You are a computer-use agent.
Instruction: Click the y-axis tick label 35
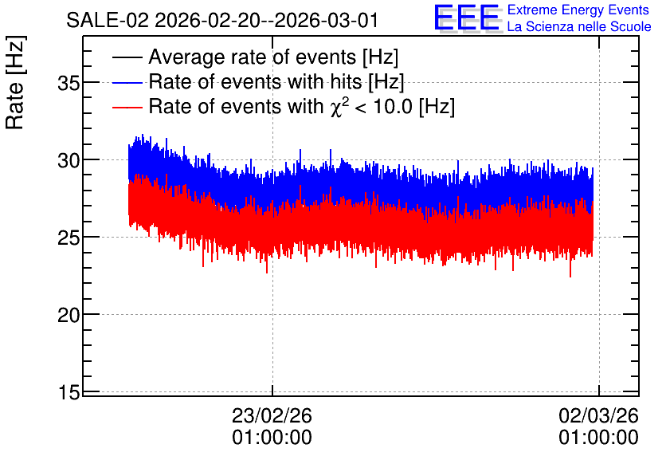coord(69,83)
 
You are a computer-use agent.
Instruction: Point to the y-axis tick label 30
coord(69,161)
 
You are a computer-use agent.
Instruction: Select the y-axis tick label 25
coord(69,238)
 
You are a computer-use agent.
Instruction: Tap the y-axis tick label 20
coord(69,316)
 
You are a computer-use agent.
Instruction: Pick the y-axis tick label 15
coord(69,393)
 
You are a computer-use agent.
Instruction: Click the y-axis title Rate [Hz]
coord(15,83)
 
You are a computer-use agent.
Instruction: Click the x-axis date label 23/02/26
coord(272,415)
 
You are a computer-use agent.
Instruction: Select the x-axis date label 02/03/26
coord(598,415)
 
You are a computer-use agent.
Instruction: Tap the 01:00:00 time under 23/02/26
coord(272,438)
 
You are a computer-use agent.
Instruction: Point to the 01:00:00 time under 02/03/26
coord(598,438)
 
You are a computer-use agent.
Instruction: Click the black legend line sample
coord(127,57)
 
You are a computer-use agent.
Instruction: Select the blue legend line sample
coord(127,82)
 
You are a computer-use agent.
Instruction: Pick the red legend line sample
coord(127,107)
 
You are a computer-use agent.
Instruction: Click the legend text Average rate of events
coord(253,57)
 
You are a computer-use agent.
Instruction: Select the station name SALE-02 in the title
coord(108,21)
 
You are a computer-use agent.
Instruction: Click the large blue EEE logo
coord(468,18)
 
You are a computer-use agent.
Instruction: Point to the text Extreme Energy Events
coord(578,10)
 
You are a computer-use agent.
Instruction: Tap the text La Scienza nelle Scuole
coord(579,27)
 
